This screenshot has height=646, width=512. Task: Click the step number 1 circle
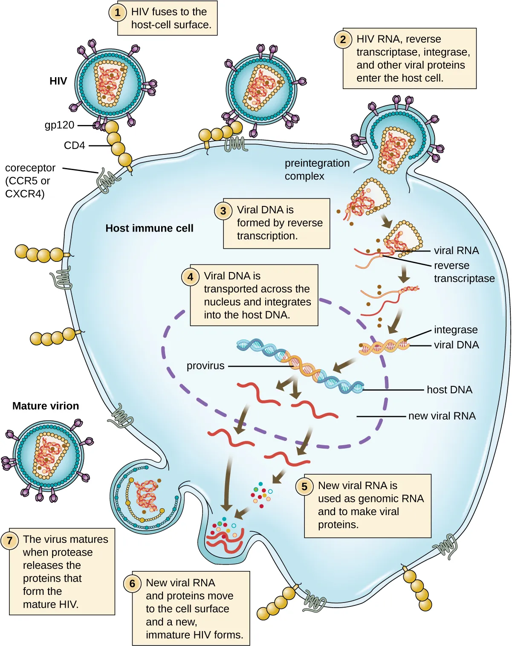[118, 12]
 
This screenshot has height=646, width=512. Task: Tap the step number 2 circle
[343, 40]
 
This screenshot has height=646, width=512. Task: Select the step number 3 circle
[223, 211]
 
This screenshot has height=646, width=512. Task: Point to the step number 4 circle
[190, 277]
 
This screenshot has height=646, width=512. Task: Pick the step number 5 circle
[304, 487]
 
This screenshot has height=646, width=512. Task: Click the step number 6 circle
[132, 584]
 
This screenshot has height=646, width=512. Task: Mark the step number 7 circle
[9, 540]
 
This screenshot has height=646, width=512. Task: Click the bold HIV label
[58, 81]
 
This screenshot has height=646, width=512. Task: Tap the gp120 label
[59, 125]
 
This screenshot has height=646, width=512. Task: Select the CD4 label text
[74, 145]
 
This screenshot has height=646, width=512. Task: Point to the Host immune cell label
[149, 228]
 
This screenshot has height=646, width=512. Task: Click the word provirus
[205, 366]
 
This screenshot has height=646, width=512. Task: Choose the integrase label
[456, 330]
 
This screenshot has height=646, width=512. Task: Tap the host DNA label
[449, 390]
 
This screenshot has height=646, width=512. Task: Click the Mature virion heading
[46, 406]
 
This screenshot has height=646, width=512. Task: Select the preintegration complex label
[317, 170]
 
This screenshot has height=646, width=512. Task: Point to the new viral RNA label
[442, 416]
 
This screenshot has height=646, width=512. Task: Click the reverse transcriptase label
[464, 272]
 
